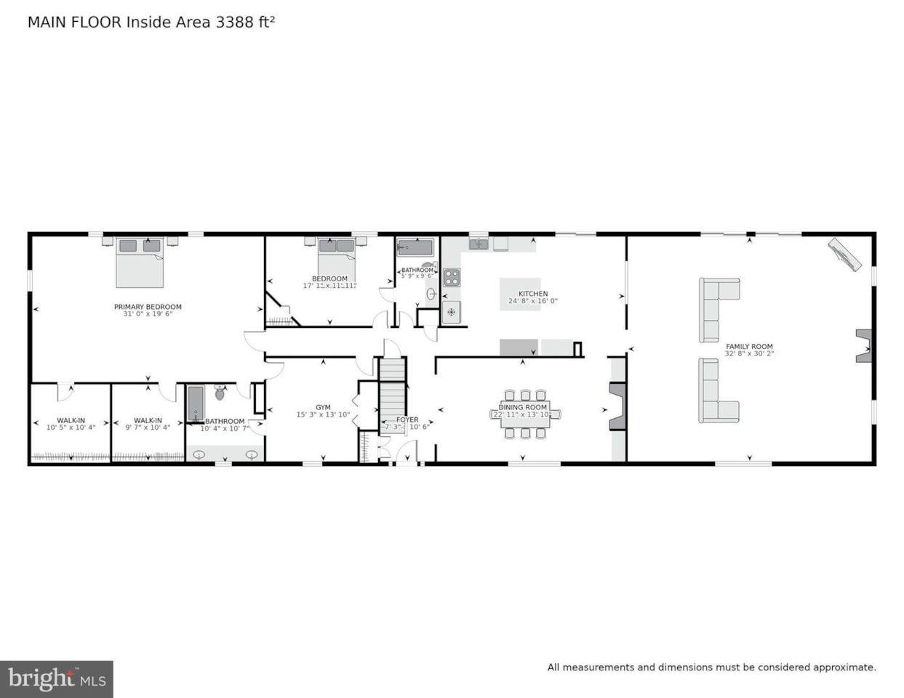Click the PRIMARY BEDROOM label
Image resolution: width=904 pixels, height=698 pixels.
point(148,307)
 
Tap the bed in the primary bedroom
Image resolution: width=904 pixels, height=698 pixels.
point(140,263)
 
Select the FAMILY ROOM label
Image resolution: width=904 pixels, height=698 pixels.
point(749,347)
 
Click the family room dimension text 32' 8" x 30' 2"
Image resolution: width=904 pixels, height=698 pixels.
point(749,354)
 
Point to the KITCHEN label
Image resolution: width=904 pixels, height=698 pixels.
point(533,294)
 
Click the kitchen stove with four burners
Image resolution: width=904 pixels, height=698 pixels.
point(452,277)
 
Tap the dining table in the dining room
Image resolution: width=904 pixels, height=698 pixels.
point(524,414)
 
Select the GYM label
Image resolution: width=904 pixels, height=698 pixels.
point(323,408)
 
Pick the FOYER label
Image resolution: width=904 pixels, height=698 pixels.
point(407,420)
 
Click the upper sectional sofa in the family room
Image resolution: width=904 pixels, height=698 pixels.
point(716,308)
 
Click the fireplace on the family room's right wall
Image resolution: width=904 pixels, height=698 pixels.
point(863,345)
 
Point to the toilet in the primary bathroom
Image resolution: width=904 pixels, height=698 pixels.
point(220,393)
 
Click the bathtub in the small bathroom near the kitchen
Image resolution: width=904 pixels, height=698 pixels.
point(415,248)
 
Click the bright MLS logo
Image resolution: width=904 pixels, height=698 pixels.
point(57,679)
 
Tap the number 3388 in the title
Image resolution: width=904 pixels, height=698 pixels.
point(233,22)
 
